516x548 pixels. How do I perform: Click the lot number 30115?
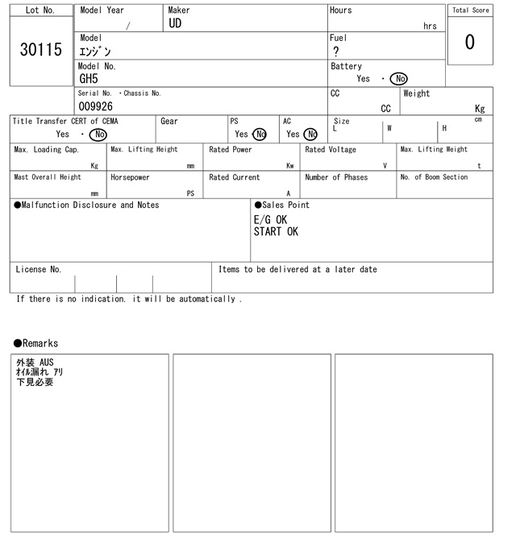(x=40, y=50)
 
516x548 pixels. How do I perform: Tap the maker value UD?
(x=176, y=24)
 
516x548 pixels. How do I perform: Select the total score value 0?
(x=469, y=42)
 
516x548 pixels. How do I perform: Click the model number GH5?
(x=88, y=79)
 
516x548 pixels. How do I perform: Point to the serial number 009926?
(x=96, y=106)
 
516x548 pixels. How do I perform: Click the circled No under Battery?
(x=398, y=79)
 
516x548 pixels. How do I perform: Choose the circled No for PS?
(x=259, y=135)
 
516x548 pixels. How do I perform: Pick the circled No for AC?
(x=310, y=135)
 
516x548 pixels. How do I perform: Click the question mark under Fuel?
(x=336, y=52)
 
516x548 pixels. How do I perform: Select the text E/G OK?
(x=270, y=219)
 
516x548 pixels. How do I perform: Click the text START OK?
(x=276, y=232)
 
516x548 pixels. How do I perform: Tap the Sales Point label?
(x=282, y=205)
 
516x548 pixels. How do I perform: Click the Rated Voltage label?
(x=331, y=150)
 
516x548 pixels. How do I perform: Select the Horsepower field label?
(x=130, y=177)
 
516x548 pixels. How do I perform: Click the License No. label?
(x=39, y=269)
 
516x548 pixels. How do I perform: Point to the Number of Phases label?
(x=336, y=177)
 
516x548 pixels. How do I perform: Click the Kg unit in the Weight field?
(x=480, y=108)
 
